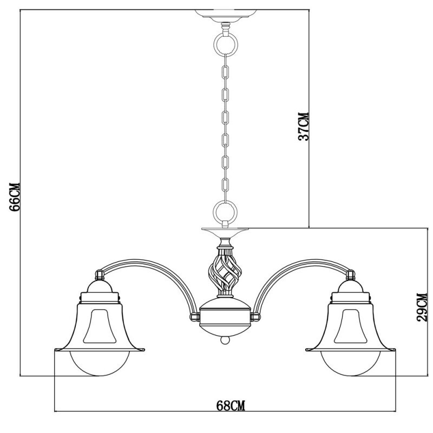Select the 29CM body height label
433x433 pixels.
[x=422, y=307]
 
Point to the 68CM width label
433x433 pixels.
[x=225, y=405]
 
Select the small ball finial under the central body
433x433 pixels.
[x=225, y=342]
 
